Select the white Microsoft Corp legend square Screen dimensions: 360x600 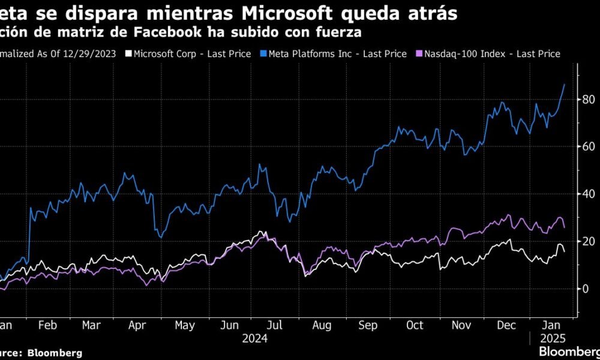tap(127, 54)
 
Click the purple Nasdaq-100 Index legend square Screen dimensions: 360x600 tap(418, 54)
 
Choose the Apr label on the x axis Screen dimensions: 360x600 tap(138, 325)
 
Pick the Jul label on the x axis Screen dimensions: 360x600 tap(275, 325)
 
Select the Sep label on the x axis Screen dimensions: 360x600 tap(368, 325)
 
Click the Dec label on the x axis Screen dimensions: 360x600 tap(505, 325)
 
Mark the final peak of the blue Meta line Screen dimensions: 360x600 tap(565, 85)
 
